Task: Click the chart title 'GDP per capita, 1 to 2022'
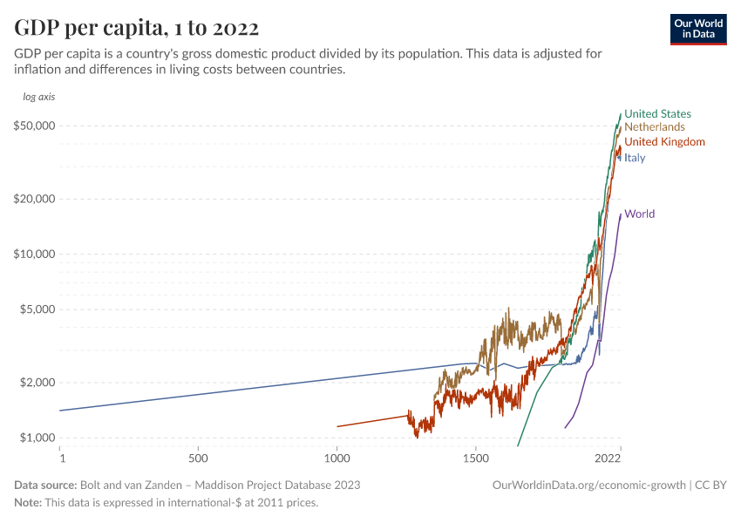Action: (136, 29)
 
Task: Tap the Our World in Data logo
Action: (698, 29)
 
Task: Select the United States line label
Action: (657, 114)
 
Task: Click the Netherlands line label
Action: (655, 127)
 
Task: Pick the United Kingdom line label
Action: (664, 142)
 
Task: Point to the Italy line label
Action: (635, 158)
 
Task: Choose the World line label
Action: (639, 214)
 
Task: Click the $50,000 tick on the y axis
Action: (36, 126)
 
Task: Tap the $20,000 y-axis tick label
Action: (36, 199)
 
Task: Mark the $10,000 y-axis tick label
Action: (36, 255)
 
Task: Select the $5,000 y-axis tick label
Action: (38, 309)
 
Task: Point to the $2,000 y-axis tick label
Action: (38, 383)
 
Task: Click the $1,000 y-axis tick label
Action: (38, 438)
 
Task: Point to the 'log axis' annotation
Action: (38, 97)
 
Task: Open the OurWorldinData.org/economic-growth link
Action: (590, 485)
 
